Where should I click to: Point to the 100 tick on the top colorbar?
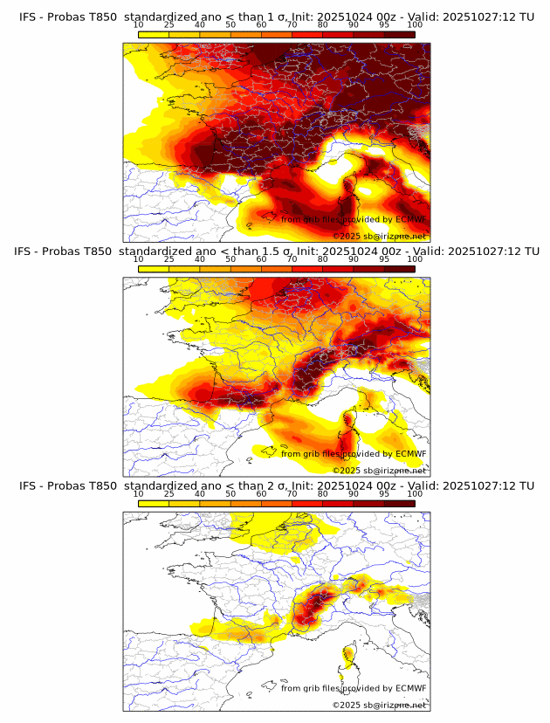(415, 24)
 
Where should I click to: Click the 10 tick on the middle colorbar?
(139, 259)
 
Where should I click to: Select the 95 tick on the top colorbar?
(384, 24)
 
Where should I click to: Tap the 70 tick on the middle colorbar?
(292, 259)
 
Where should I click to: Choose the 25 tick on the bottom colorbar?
(169, 493)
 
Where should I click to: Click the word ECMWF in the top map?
(410, 219)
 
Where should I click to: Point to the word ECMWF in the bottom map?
(410, 688)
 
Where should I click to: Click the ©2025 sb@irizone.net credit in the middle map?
(379, 471)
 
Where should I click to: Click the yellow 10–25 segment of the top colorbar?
(154, 34)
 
